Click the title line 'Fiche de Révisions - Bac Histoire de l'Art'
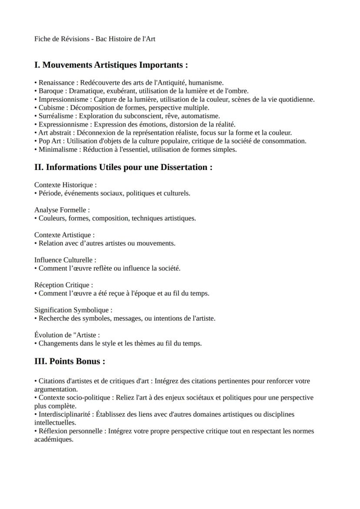tap(95, 39)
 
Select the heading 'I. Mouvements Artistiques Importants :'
tap(111, 65)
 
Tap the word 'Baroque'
tap(52, 91)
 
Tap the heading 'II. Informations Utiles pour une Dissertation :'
tap(123, 167)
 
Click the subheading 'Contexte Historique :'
tap(65, 185)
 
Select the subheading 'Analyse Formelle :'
tap(62, 210)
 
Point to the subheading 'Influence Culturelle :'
tap(65, 260)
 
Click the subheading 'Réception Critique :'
tap(63, 285)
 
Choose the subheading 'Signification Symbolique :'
tap(73, 310)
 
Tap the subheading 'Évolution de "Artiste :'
tap(67, 335)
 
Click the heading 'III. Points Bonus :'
tap(70, 362)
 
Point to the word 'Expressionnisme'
tap(63, 124)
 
